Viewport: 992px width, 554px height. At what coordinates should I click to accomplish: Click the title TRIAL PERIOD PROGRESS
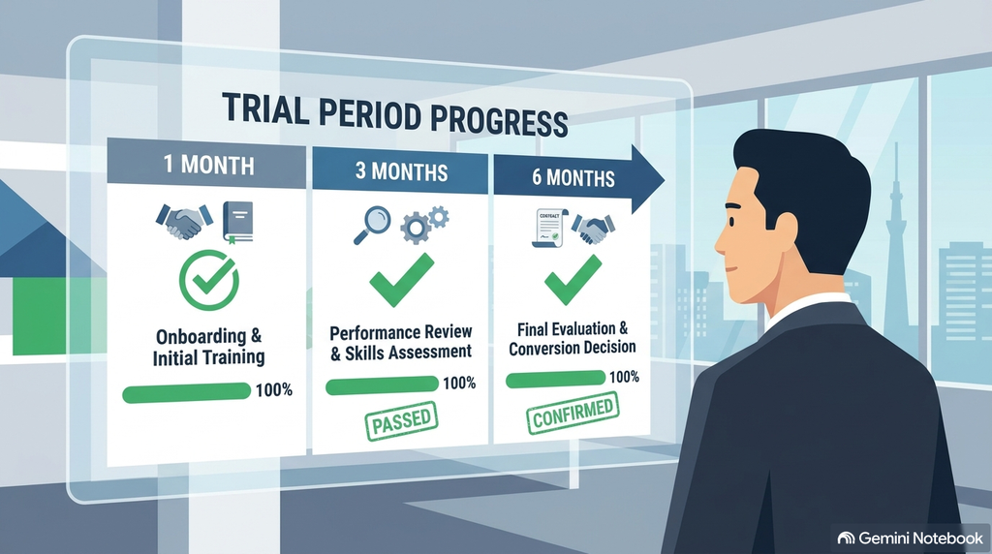tap(395, 115)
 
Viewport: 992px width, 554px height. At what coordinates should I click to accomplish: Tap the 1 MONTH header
tap(209, 165)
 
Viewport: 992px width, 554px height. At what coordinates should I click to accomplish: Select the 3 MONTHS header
tap(402, 171)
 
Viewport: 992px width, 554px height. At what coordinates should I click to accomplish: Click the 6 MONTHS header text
tap(573, 177)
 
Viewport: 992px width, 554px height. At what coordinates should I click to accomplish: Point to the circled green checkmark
tap(209, 280)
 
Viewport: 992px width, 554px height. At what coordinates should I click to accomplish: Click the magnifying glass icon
tap(371, 225)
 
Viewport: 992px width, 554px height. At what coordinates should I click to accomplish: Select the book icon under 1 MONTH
tap(238, 222)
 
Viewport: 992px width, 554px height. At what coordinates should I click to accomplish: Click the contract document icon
tap(548, 228)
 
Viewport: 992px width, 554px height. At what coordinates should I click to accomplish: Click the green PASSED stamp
tap(402, 420)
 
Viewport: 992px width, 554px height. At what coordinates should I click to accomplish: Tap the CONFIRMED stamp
tap(573, 413)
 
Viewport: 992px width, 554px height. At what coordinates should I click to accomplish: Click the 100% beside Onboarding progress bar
tap(274, 389)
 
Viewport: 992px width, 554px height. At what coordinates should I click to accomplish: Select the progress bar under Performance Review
tap(382, 385)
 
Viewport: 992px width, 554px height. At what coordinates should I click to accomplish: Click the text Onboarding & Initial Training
tap(209, 347)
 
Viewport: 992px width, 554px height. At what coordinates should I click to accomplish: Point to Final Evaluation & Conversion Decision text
tap(573, 338)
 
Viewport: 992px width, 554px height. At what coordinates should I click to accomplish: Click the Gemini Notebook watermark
tap(911, 538)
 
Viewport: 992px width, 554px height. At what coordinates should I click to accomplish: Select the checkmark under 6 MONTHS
tap(573, 279)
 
